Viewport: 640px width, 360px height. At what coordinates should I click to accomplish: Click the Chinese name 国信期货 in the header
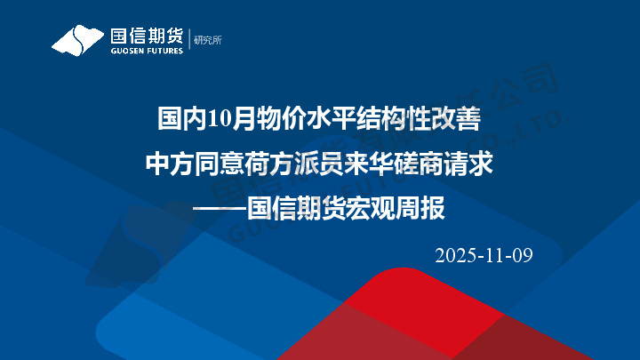pyautogui.click(x=147, y=36)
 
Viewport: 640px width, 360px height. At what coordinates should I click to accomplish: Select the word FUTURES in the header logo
pyautogui.click(x=165, y=51)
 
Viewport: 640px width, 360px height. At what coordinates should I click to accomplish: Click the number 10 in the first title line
pyautogui.click(x=220, y=117)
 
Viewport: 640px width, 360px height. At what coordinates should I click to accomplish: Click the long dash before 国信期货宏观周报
pyautogui.click(x=220, y=212)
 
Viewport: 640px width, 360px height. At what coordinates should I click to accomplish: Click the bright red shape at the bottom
pyautogui.click(x=418, y=307)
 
